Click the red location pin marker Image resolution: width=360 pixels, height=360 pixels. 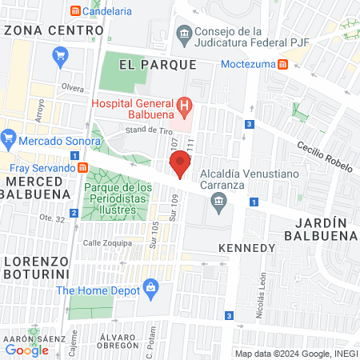pyautogui.click(x=181, y=163)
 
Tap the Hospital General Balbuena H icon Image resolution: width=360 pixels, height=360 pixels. pyautogui.click(x=185, y=104)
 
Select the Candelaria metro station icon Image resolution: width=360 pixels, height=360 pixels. pyautogui.click(x=75, y=11)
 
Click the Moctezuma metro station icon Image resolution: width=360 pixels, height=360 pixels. pyautogui.click(x=282, y=64)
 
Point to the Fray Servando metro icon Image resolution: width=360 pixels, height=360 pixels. pyautogui.click(x=82, y=168)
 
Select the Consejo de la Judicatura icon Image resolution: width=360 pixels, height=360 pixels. pyautogui.click(x=183, y=34)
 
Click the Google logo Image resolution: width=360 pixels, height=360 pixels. pyautogui.click(x=26, y=349)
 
